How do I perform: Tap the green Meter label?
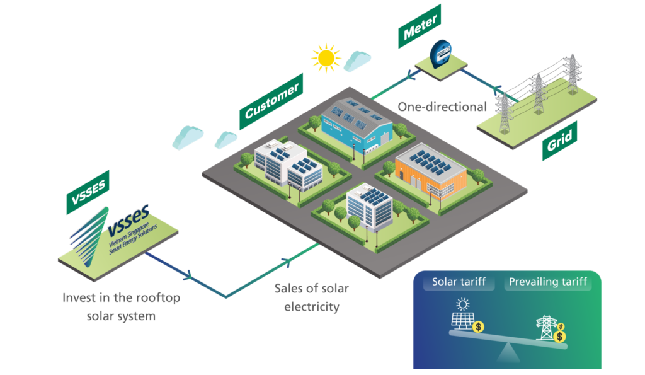click(420, 26)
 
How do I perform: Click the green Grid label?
click(560, 142)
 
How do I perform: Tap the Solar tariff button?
click(459, 282)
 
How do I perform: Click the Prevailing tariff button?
click(547, 282)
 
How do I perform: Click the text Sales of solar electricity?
click(311, 297)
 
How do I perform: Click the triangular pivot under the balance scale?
click(508, 357)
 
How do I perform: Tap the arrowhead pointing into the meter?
click(415, 75)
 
